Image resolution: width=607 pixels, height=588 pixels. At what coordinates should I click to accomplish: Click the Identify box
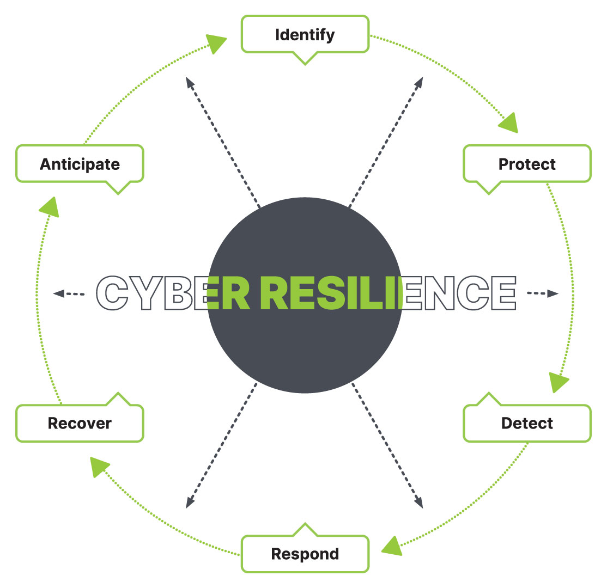pos(305,34)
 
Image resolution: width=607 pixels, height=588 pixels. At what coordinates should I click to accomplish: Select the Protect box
pos(527,164)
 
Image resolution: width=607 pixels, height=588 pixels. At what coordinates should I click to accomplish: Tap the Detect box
pos(527,423)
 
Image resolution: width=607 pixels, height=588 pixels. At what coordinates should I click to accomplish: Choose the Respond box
pos(305,554)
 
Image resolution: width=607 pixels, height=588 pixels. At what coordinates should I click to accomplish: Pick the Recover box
pos(80,423)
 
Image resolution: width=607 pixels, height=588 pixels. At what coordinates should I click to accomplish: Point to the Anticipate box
pos(80,164)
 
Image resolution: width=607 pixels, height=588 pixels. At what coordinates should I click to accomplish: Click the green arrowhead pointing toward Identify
pos(215,43)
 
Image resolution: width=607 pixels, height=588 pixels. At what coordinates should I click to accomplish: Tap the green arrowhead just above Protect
pos(509,124)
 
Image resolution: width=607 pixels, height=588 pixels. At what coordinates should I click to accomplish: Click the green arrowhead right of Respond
pos(392,547)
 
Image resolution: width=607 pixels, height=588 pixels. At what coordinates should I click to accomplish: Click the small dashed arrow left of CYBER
pos(69,293)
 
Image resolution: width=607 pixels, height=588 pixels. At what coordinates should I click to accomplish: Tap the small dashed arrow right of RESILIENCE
pos(543,293)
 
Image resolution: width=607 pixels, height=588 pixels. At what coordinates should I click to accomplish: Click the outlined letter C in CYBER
pos(112,293)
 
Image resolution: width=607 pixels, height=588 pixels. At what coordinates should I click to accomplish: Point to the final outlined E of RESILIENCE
pos(504,293)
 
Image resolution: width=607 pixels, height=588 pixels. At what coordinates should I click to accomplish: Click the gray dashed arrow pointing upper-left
pos(223,142)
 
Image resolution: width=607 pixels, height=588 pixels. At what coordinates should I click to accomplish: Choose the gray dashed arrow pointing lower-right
pos(387,446)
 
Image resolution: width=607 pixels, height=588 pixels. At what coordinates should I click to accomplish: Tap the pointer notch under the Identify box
pos(305,59)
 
